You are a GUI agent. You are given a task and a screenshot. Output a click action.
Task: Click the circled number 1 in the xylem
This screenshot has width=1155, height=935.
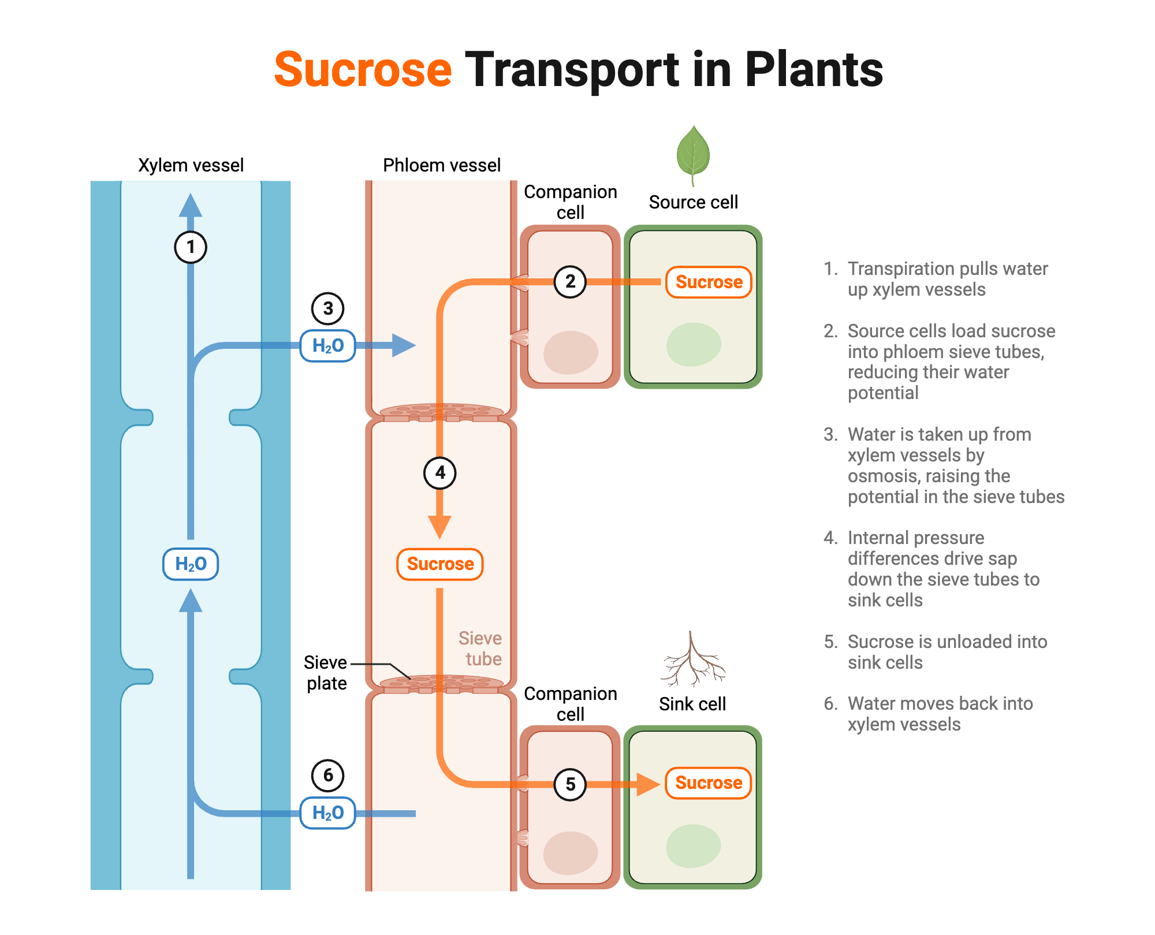[x=191, y=247]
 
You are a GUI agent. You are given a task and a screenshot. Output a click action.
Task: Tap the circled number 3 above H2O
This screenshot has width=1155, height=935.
[x=328, y=308]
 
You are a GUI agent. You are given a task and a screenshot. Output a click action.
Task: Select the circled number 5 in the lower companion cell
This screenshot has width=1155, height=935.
[x=570, y=784]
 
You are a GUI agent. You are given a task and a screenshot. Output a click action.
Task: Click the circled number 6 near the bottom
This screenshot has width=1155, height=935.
[x=328, y=775]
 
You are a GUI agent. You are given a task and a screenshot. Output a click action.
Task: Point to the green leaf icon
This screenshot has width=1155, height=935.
[x=693, y=152]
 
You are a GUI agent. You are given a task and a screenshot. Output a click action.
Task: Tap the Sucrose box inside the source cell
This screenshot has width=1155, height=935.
[x=709, y=282]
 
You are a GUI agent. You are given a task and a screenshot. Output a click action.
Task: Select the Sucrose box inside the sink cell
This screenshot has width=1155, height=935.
[x=708, y=783]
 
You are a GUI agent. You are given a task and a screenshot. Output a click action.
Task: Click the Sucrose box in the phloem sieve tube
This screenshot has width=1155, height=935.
[x=440, y=564]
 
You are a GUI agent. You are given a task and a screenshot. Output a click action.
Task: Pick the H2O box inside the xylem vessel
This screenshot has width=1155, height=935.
[x=191, y=564]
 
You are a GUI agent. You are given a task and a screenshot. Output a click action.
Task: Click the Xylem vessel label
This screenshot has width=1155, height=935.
[x=191, y=165]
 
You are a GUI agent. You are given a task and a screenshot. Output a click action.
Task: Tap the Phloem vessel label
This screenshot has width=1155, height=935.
[x=442, y=165]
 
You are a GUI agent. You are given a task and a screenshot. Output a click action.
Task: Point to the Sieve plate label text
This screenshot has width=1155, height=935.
[x=326, y=673]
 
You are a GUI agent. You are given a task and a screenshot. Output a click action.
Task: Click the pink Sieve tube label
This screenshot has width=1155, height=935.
[x=480, y=649]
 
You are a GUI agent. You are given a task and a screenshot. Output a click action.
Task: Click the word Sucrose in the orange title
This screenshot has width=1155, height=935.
[x=363, y=70]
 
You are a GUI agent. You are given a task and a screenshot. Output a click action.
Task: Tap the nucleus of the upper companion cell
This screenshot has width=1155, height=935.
[x=571, y=352]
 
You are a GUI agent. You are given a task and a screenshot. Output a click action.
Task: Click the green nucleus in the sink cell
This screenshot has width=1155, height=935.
[x=693, y=846]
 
